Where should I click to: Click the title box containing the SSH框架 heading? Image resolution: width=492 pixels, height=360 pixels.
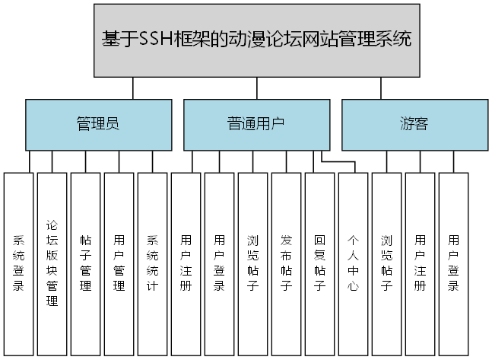pyautogui.click(x=257, y=40)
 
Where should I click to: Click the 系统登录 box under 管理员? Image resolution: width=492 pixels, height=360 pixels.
pyautogui.click(x=19, y=263)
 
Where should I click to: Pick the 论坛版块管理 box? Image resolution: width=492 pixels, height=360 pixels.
pyautogui.click(x=52, y=263)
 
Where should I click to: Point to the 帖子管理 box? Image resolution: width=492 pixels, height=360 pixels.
pyautogui.click(x=86, y=263)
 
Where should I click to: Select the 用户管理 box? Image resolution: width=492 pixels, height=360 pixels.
pyautogui.click(x=119, y=263)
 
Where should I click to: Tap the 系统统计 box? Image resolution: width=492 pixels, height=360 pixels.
pyautogui.click(x=153, y=263)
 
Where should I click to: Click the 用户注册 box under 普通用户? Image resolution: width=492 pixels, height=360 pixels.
pyautogui.click(x=186, y=263)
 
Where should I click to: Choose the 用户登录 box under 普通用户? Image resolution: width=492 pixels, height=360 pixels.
pyautogui.click(x=220, y=263)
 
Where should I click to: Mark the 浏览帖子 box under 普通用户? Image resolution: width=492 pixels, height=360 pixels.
pyautogui.click(x=253, y=263)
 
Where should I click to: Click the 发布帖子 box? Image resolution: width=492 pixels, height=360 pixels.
pyautogui.click(x=287, y=263)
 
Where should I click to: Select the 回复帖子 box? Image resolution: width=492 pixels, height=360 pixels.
pyautogui.click(x=320, y=263)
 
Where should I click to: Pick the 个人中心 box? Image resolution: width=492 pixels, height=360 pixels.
pyautogui.click(x=354, y=263)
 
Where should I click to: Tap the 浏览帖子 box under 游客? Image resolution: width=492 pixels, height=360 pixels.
pyautogui.click(x=387, y=263)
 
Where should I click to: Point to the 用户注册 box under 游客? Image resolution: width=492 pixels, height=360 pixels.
pyautogui.click(x=421, y=263)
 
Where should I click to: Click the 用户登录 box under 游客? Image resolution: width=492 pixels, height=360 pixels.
pyautogui.click(x=454, y=263)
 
